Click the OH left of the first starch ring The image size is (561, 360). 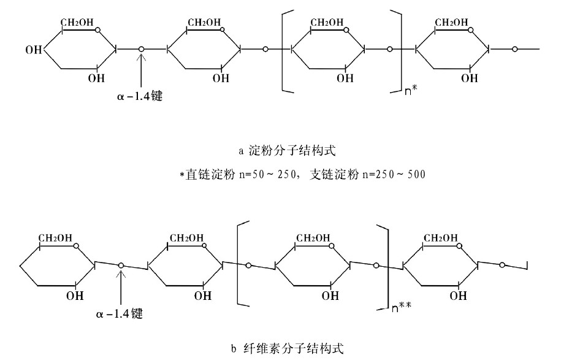coord(33,48)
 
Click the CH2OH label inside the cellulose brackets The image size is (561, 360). coord(313,238)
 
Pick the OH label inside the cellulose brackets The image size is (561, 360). coord(330,296)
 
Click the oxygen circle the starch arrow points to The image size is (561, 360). coord(142,48)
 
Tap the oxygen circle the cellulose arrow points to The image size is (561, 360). coord(121,265)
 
